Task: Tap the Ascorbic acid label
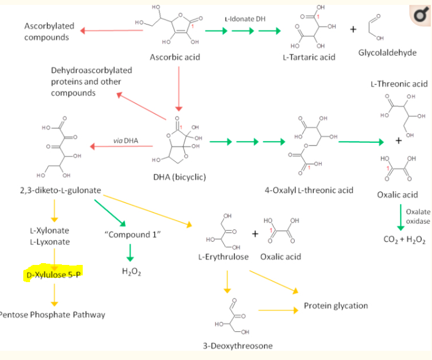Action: (175, 57)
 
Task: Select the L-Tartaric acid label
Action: (309, 57)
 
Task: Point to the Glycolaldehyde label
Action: (387, 53)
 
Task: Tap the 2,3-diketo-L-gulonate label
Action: (61, 190)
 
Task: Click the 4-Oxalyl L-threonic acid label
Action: (309, 190)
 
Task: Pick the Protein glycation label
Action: (336, 305)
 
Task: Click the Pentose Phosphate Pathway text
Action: (53, 315)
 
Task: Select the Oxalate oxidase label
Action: (417, 216)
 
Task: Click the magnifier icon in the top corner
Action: (420, 15)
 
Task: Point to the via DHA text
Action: (126, 140)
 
